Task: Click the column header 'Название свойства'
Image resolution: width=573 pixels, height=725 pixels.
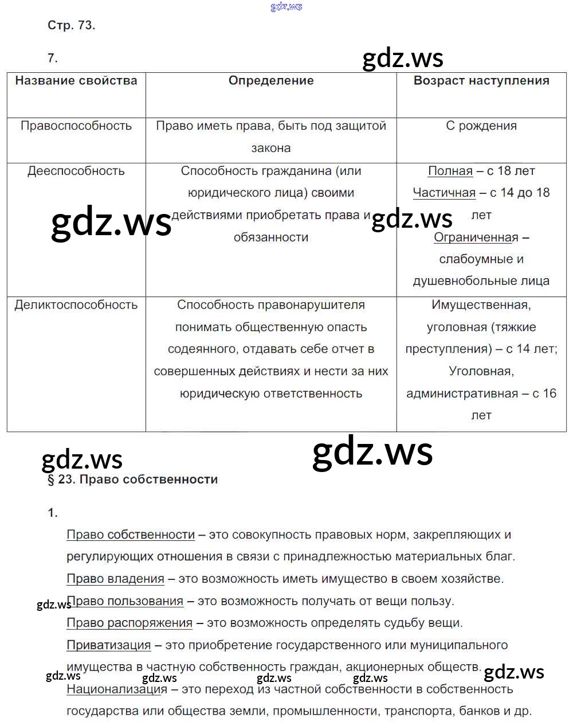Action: pyautogui.click(x=76, y=81)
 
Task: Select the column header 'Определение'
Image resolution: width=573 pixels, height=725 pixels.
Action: pyautogui.click(x=271, y=81)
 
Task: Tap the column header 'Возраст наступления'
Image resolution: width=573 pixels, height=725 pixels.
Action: pyautogui.click(x=481, y=81)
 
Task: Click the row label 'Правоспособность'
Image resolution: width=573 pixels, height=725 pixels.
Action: pyautogui.click(x=76, y=126)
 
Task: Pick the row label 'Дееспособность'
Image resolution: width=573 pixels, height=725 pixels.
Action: pyautogui.click(x=76, y=171)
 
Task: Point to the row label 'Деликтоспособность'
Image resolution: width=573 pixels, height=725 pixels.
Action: pyautogui.click(x=76, y=305)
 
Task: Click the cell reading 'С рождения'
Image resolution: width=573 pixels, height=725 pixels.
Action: pyautogui.click(x=481, y=126)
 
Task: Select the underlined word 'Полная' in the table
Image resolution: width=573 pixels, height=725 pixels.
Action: pyautogui.click(x=450, y=171)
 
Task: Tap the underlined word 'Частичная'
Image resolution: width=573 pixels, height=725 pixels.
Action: pyautogui.click(x=444, y=193)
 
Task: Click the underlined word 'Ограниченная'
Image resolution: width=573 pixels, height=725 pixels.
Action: pyautogui.click(x=476, y=237)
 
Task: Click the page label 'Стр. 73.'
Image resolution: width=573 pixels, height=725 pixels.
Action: pyautogui.click(x=71, y=25)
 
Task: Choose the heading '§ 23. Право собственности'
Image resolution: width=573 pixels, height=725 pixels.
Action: pyautogui.click(x=132, y=480)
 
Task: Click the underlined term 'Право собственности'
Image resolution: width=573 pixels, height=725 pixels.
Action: pyautogui.click(x=131, y=535)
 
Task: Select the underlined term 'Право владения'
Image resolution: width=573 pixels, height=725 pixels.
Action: pyautogui.click(x=115, y=579)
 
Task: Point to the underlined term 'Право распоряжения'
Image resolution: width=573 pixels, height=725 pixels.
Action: pyautogui.click(x=129, y=623)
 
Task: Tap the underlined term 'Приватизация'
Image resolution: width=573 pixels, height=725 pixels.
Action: pyautogui.click(x=109, y=645)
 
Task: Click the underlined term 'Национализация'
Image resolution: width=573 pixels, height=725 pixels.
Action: pyautogui.click(x=117, y=689)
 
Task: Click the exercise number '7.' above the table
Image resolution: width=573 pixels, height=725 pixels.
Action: pyautogui.click(x=53, y=58)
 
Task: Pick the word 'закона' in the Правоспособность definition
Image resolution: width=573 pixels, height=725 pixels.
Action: pyautogui.click(x=271, y=148)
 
